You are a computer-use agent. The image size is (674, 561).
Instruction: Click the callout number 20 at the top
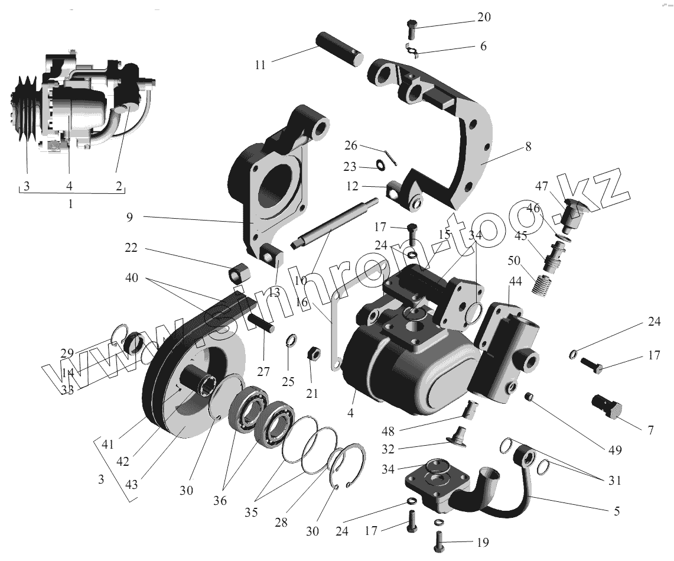483,18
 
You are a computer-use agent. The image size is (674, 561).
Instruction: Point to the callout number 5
616,511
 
